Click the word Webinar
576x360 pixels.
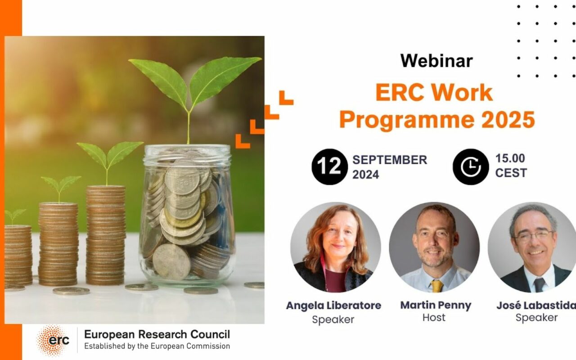[x=436, y=61]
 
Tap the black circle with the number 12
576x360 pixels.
[x=329, y=166]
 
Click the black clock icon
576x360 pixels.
[x=470, y=166]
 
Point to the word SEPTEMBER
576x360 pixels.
[x=390, y=160]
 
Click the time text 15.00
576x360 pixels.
[x=510, y=158]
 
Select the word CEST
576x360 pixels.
[x=511, y=173]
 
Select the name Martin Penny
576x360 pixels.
[x=436, y=305]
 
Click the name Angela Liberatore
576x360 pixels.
[x=333, y=306]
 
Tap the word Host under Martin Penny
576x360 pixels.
[x=434, y=317]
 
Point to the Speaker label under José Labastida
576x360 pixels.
[x=536, y=317]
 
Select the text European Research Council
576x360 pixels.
[x=157, y=334]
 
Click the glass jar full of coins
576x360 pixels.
[x=187, y=216]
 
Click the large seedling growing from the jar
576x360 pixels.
[x=193, y=85]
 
